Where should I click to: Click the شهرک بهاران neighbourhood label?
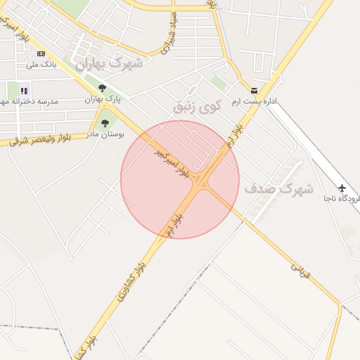(x=109, y=64)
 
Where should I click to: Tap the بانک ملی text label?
(x=41, y=65)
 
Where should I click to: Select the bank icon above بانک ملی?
(x=41, y=53)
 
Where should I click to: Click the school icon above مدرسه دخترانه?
(x=25, y=90)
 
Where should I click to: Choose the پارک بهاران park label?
(x=103, y=99)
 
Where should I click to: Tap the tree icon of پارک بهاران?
(x=103, y=88)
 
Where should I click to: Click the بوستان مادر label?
(x=104, y=134)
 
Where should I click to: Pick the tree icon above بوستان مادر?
(x=105, y=123)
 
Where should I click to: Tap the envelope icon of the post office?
(x=254, y=91)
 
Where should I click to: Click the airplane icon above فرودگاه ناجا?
(x=342, y=188)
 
